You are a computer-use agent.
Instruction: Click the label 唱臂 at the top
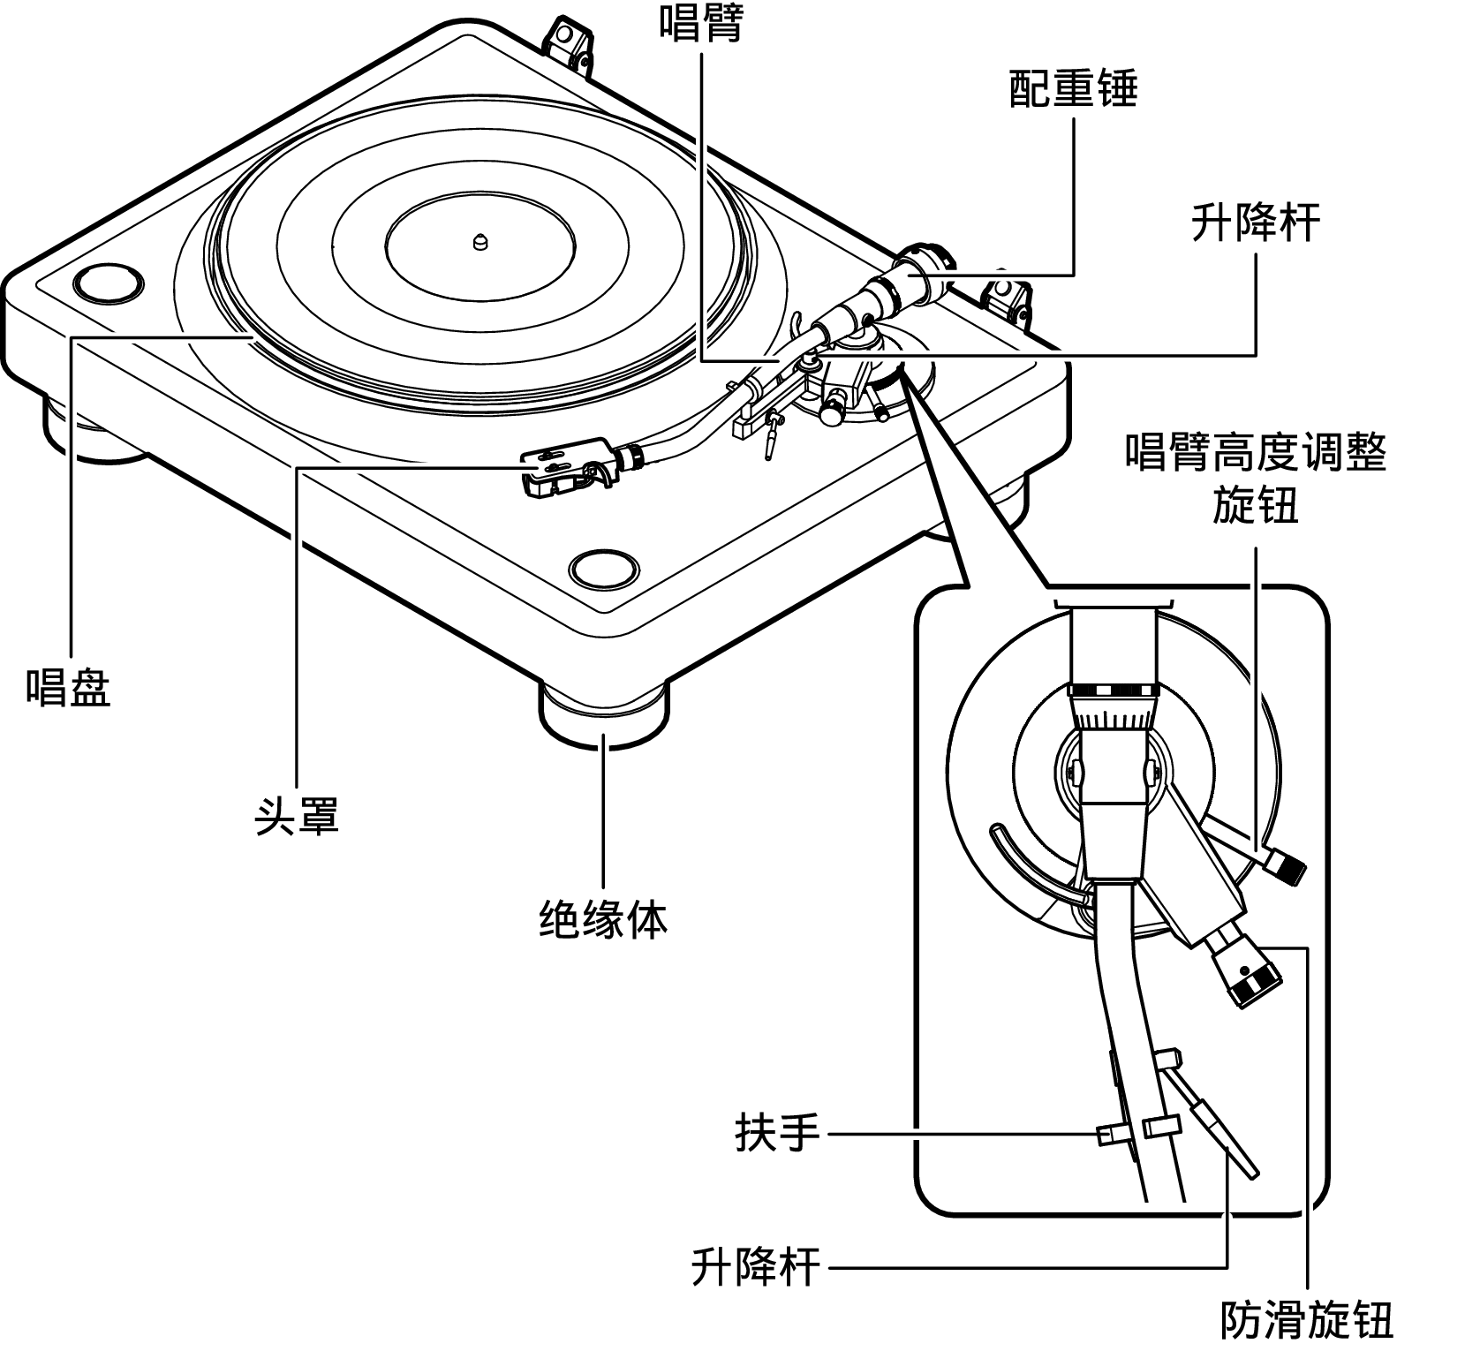(702, 23)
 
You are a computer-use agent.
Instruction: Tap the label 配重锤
(1073, 90)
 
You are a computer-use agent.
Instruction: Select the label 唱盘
(68, 685)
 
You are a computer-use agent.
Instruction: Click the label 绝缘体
(603, 918)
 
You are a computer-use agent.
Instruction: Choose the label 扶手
(777, 1132)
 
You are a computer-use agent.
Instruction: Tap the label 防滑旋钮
(1306, 1321)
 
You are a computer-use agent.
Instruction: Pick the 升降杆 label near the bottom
(756, 1268)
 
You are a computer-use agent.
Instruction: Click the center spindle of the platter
(479, 240)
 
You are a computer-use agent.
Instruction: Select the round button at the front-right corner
(605, 567)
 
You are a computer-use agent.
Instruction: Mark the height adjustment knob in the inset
(1284, 868)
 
